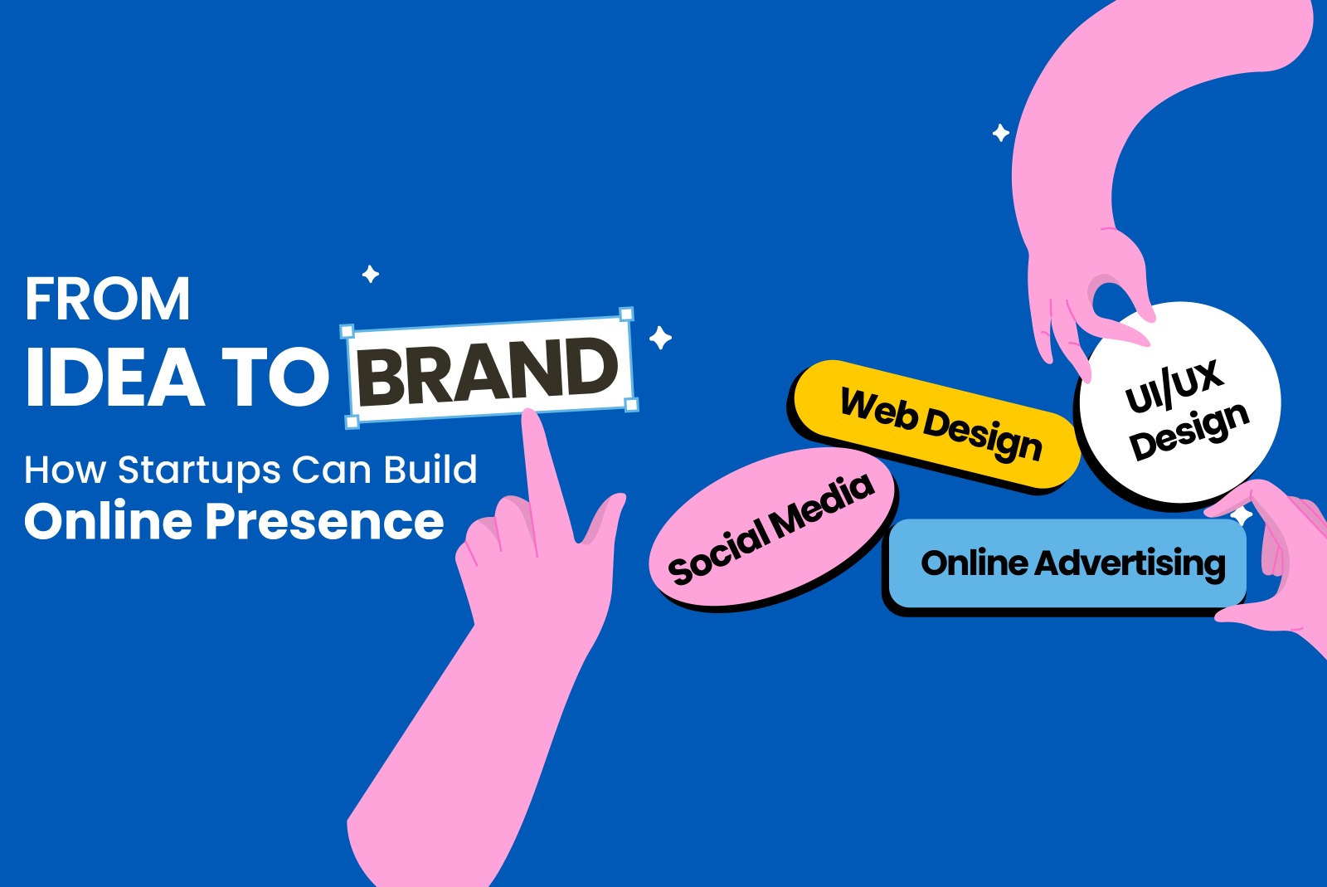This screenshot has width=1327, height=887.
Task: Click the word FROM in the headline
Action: [107, 300]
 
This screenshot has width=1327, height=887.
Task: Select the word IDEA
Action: [114, 377]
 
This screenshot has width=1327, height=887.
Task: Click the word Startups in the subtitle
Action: [199, 471]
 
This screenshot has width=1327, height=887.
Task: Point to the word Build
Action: [430, 469]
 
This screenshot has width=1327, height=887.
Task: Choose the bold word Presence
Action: [324, 521]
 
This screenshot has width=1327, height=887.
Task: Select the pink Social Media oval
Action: [771, 527]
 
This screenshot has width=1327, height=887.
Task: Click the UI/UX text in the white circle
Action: [1174, 386]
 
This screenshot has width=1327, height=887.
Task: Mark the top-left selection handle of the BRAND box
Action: [348, 330]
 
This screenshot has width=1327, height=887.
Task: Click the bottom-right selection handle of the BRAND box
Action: [631, 405]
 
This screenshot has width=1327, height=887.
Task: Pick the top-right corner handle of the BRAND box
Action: [626, 314]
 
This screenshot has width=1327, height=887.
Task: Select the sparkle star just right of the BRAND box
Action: [660, 338]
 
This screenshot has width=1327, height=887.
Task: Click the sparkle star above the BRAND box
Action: [371, 274]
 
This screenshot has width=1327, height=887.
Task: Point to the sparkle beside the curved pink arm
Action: [1000, 133]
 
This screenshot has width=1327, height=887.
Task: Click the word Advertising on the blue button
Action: [1130, 564]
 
